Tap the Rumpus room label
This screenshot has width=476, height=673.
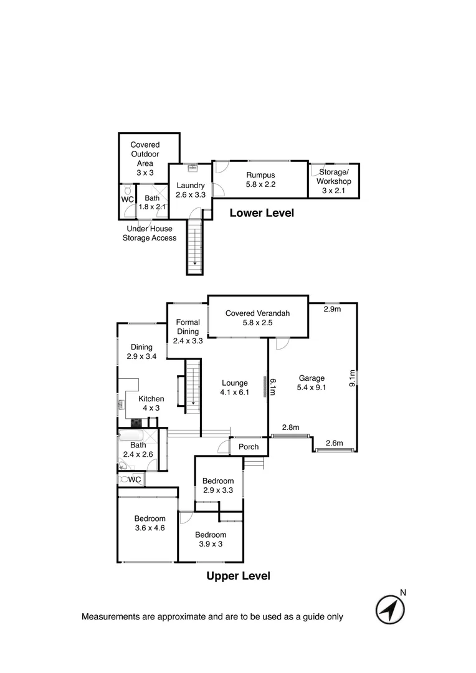tap(260, 180)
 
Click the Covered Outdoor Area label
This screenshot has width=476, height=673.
tap(145, 159)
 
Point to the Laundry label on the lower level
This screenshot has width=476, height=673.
tap(191, 190)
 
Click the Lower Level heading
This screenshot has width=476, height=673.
tap(262, 213)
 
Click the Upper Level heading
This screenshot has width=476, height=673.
tap(238, 576)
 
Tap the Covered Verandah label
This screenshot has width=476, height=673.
tap(258, 318)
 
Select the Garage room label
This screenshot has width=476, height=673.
tap(312, 383)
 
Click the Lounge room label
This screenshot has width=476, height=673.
tap(234, 388)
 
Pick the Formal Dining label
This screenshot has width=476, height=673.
tap(188, 332)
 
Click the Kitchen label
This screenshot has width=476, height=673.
tap(151, 404)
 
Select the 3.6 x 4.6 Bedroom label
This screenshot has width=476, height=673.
tap(150, 523)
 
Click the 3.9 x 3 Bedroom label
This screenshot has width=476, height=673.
tap(211, 539)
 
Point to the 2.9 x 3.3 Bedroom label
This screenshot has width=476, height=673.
tap(218, 485)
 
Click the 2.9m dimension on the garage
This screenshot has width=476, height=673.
tap(332, 309)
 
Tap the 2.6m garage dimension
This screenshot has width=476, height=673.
tap(335, 443)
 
